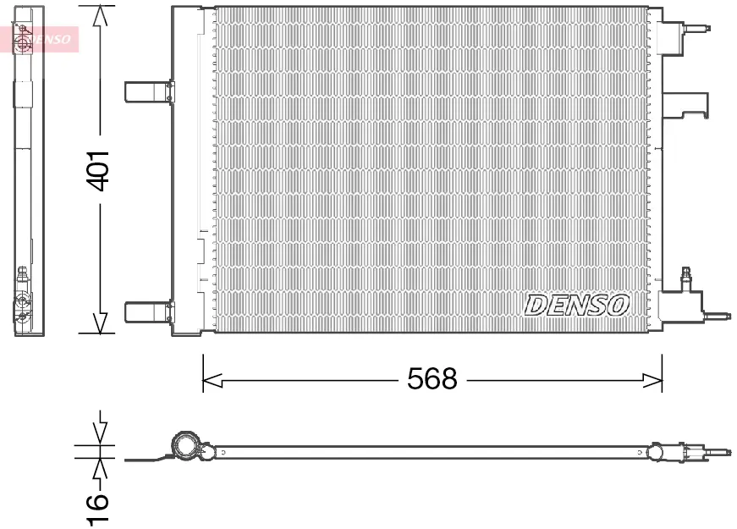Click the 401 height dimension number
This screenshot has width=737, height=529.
(99, 172)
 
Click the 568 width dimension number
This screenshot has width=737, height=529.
(432, 379)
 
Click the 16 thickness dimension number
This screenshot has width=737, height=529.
(98, 509)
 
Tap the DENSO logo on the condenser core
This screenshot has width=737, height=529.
(576, 306)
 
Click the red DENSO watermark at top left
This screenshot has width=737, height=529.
(40, 39)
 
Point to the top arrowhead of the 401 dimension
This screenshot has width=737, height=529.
(100, 16)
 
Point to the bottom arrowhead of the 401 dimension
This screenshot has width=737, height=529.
(100, 322)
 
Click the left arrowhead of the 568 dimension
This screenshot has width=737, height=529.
(212, 380)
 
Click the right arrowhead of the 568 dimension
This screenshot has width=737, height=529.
(652, 380)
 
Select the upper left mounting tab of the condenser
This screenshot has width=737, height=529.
(149, 91)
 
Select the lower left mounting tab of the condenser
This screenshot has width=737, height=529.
(149, 312)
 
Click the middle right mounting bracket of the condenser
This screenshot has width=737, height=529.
(685, 105)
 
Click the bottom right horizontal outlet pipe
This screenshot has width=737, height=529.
(718, 316)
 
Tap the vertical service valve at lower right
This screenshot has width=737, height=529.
(687, 279)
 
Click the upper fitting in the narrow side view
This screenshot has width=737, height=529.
(22, 38)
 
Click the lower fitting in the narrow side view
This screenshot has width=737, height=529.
(23, 301)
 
